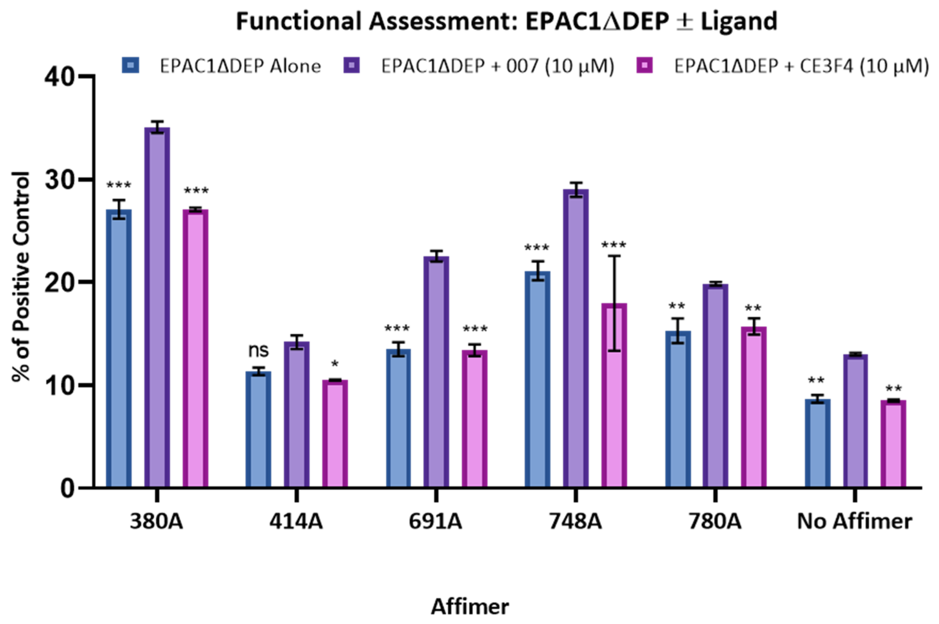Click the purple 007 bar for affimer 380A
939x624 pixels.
[157, 307]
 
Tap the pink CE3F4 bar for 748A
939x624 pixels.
[614, 395]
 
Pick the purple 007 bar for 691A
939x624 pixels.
[436, 372]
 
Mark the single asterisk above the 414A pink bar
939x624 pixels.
[335, 364]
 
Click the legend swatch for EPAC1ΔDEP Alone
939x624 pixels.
[131, 65]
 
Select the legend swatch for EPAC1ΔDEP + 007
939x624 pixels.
[351, 65]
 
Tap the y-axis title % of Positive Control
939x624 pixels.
[21, 277]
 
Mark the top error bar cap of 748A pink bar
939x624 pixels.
[614, 255]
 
